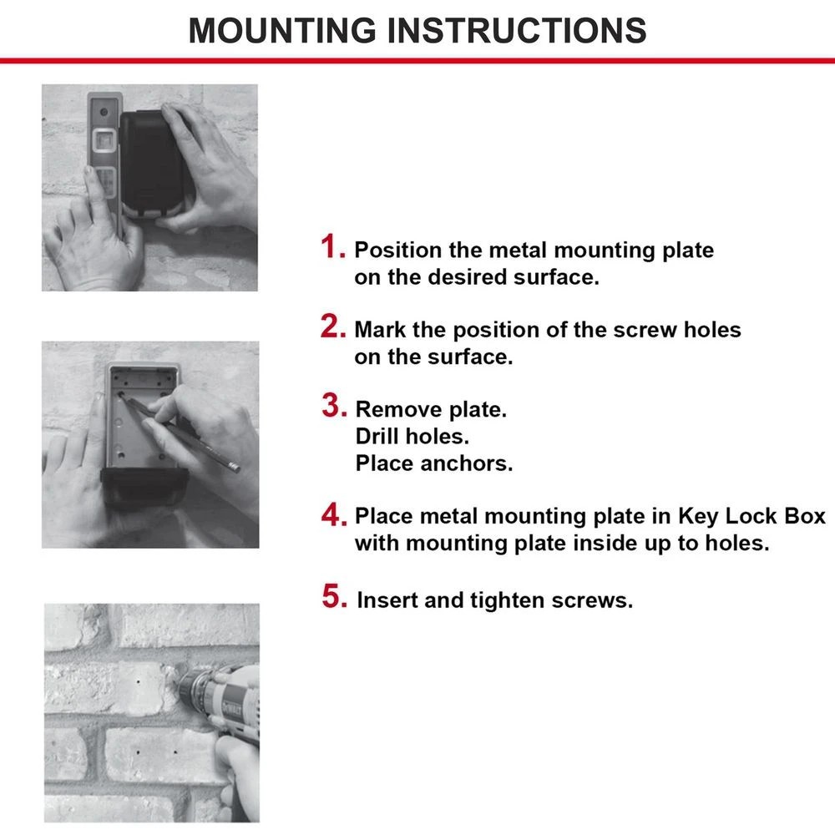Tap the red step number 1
tap(333, 249)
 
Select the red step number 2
tap(333, 328)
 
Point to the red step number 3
tap(334, 407)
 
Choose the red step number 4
tap(333, 515)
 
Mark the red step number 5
tap(334, 598)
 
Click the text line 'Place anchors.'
tap(433, 463)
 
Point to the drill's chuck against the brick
tap(189, 690)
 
